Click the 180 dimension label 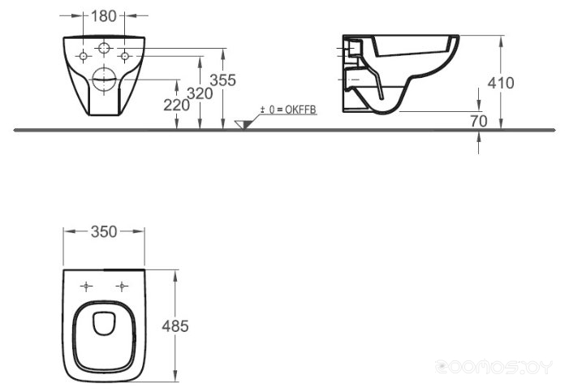click(103, 16)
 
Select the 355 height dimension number click(222, 80)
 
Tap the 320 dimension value click(200, 93)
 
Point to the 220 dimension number click(176, 106)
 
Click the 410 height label click(501, 83)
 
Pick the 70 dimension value click(479, 121)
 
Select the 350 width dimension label click(104, 232)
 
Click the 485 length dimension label click(175, 326)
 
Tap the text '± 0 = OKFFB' click(288, 110)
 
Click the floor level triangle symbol click(243, 124)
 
